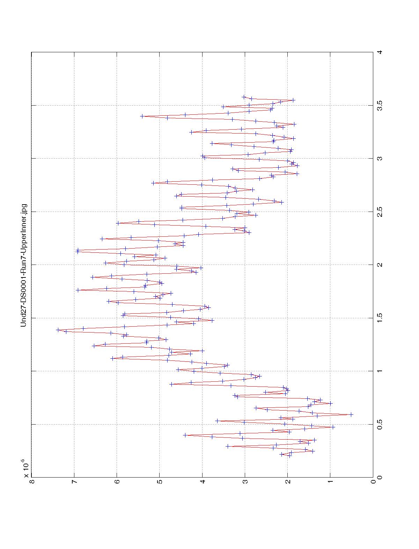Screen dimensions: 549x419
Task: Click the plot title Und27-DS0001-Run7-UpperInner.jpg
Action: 24,265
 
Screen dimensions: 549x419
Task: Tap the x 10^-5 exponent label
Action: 25,469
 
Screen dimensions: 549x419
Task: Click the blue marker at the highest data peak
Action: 58,330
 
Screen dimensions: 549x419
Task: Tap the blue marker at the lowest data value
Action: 351,414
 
